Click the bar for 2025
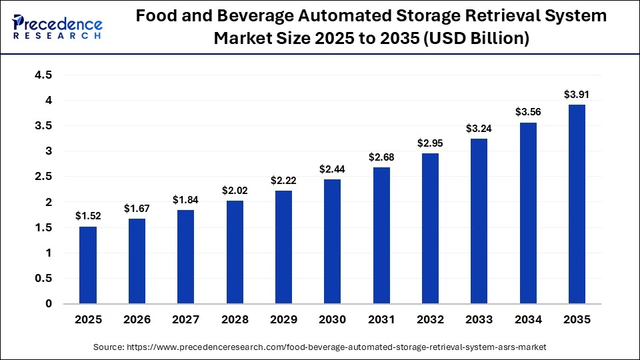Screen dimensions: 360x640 [88, 265]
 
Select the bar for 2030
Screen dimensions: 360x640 [332, 241]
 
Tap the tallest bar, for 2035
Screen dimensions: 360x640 [577, 204]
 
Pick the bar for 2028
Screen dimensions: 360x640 [235, 252]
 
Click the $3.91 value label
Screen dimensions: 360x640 [577, 95]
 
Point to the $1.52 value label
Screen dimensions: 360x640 [88, 216]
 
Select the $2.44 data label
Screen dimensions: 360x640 [332, 169]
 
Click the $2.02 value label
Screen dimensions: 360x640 [235, 191]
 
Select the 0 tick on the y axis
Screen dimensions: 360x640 [49, 304]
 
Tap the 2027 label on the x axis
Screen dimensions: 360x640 [185, 320]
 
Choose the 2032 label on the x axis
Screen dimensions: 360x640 [430, 320]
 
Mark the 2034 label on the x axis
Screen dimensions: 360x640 [527, 320]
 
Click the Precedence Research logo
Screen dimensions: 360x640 [57, 26]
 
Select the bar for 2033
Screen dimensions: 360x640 [479, 221]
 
